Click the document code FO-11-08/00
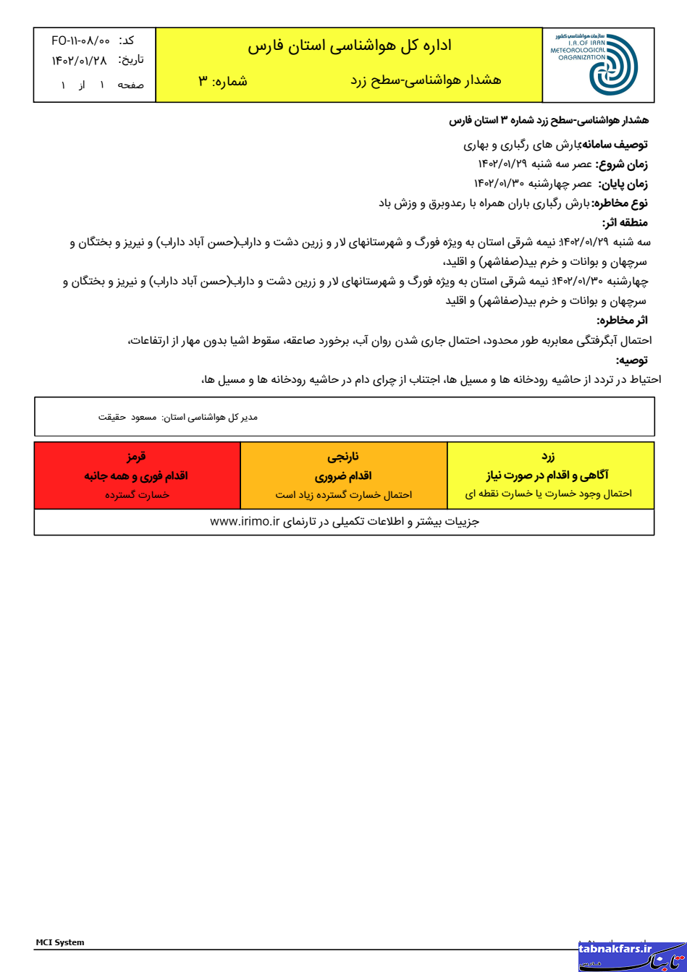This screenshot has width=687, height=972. [80, 41]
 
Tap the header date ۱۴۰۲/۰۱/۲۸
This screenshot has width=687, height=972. [79, 61]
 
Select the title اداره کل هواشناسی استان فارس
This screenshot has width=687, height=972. [349, 46]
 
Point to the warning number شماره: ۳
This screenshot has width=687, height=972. [223, 80]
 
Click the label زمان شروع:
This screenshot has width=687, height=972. [622, 164]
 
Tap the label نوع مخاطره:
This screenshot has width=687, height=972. [620, 203]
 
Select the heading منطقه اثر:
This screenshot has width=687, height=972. [625, 223]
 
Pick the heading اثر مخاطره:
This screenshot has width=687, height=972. [623, 320]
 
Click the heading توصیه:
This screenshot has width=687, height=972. [632, 360]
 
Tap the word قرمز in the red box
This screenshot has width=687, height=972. [137, 457]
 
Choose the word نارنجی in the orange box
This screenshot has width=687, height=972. [343, 457]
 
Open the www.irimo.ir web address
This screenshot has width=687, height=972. [245, 521]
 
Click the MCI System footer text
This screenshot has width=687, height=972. [60, 942]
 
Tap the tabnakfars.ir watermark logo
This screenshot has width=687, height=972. [631, 956]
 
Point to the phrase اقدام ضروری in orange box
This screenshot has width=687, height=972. [343, 476]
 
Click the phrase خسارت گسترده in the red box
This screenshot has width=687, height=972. [137, 494]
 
